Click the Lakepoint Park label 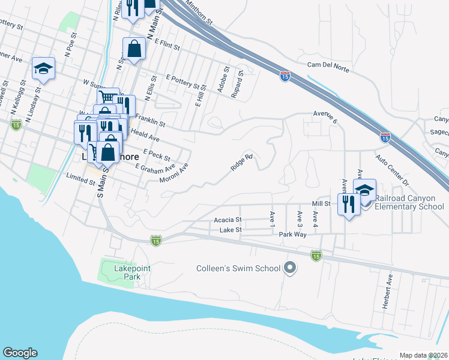(127, 272)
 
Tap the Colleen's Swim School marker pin (291, 268)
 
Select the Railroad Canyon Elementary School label (409, 202)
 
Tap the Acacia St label (228, 220)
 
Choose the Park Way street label (294, 234)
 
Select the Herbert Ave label (390, 292)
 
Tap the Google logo (20, 353)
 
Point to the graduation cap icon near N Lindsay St (43, 69)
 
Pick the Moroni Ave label (174, 173)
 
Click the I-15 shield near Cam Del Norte (286, 76)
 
